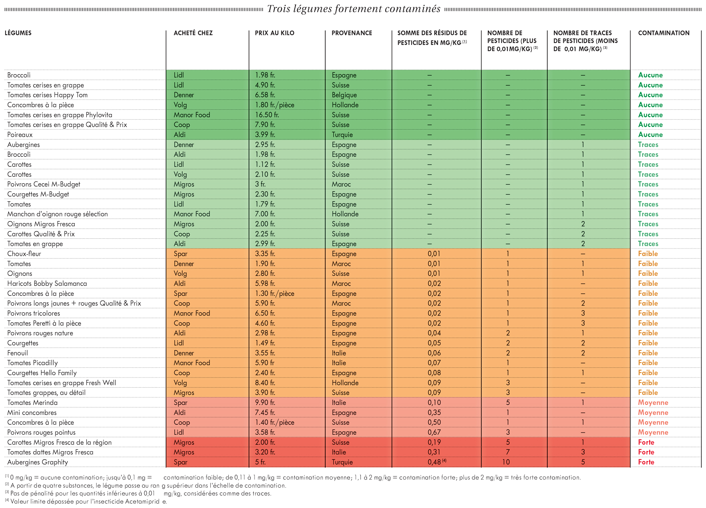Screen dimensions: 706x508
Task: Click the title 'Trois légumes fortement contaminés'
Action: [x=354, y=9]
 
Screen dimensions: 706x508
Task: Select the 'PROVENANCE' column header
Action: [x=352, y=33]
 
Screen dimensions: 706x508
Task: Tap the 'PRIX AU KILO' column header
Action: [x=274, y=33]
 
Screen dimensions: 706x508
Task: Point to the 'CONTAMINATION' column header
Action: [x=664, y=33]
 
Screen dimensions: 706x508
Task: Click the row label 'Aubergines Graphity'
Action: [x=38, y=462]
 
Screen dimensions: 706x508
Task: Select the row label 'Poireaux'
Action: [x=20, y=135]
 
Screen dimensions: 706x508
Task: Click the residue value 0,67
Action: [x=434, y=433]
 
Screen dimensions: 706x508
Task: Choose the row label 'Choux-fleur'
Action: [x=24, y=254]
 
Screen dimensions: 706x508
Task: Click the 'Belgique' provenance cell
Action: [x=344, y=95]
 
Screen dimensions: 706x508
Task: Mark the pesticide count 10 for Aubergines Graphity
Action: [x=506, y=462]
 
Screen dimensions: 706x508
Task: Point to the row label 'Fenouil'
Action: [x=18, y=353]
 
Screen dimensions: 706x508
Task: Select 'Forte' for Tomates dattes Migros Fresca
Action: [x=646, y=452]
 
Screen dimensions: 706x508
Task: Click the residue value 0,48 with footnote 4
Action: [x=437, y=462]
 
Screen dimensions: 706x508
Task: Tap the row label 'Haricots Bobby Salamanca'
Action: [x=47, y=284]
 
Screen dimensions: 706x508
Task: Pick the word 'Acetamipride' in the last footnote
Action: [x=146, y=502]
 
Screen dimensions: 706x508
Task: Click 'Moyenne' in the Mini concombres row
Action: [x=653, y=413]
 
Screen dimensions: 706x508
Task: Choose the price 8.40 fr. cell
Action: [x=265, y=383]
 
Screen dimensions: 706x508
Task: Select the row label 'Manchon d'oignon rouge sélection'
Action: [x=57, y=214]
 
